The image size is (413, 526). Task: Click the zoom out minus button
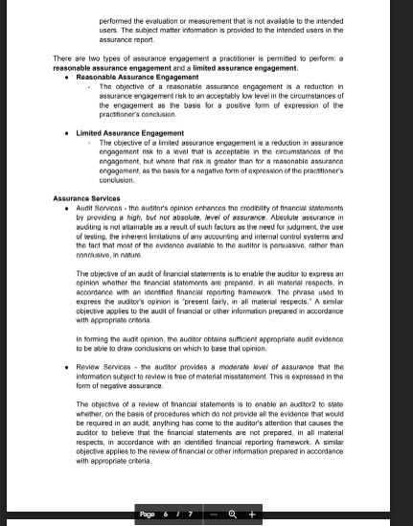[214, 514]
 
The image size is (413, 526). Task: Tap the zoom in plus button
[251, 514]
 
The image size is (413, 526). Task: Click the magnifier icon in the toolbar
[233, 514]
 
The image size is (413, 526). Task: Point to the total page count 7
[190, 514]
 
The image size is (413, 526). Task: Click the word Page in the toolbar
[147, 514]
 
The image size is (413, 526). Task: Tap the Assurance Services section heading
[86, 198]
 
